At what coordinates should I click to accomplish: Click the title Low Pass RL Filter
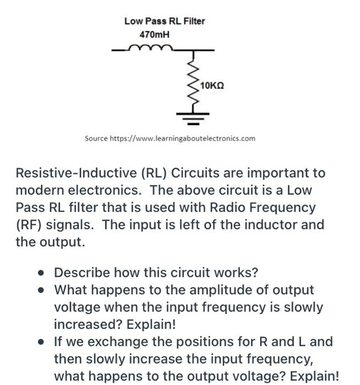164,21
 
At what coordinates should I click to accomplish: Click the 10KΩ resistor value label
212,86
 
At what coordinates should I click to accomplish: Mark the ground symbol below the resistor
194,116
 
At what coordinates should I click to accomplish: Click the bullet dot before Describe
41,273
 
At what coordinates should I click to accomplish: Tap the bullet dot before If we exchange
41,342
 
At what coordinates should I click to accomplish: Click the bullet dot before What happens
41,290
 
